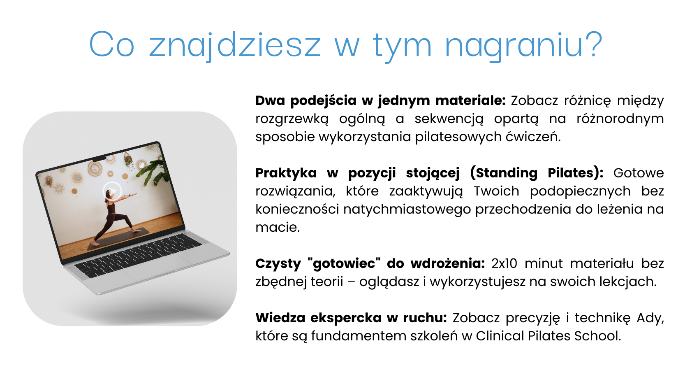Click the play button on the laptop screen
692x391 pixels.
pyautogui.click(x=112, y=191)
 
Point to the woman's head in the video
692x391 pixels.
pyautogui.click(x=107, y=195)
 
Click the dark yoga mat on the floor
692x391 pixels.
pyautogui.click(x=118, y=238)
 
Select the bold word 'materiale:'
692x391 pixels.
pyautogui.click(x=470, y=100)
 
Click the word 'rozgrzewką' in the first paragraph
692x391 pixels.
pyautogui.click(x=292, y=119)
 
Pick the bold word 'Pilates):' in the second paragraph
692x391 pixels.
pyautogui.click(x=576, y=173)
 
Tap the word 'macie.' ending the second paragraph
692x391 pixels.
pyautogui.click(x=278, y=227)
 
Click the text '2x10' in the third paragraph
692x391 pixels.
pyautogui.click(x=504, y=263)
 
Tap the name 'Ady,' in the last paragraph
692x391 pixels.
pyautogui.click(x=650, y=318)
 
